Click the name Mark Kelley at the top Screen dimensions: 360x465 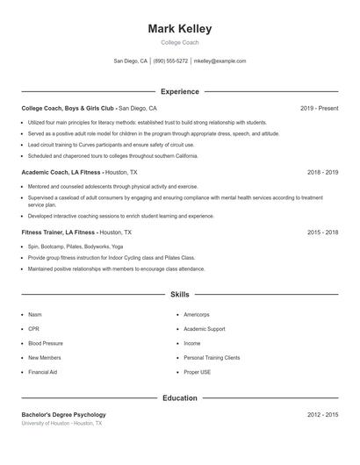180,28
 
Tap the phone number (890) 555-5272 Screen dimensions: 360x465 170,61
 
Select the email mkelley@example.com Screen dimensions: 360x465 220,61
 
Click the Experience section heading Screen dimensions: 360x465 180,91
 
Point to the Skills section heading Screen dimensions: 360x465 180,295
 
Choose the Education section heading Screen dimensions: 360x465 180,398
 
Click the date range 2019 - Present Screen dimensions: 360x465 319,108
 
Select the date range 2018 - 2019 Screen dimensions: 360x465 323,173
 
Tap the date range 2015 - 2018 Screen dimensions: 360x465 323,232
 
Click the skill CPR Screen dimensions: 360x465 33,329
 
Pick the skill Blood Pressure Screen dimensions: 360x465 45,344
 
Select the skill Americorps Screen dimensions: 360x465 197,314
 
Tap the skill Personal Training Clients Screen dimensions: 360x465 212,358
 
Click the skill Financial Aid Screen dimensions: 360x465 42,373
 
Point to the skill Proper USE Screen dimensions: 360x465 197,373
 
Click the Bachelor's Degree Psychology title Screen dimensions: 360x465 63,414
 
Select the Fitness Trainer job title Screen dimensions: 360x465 58,232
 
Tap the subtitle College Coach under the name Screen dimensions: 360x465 180,42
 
